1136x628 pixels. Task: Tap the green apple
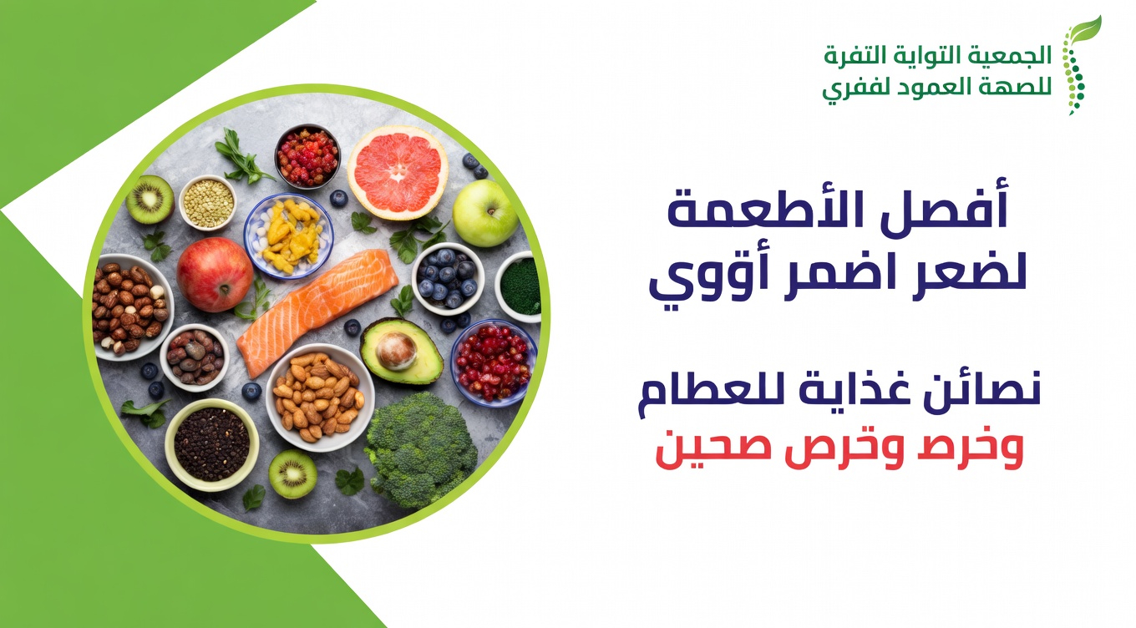[x=484, y=213]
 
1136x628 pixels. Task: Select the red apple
[x=215, y=274]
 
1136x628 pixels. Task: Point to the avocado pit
[x=395, y=351]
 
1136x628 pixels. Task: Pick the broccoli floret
[x=421, y=448]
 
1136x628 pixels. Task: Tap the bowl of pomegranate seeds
[x=493, y=361]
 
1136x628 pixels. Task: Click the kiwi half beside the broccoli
[x=292, y=474]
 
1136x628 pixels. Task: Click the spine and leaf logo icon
[x=1078, y=65]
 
